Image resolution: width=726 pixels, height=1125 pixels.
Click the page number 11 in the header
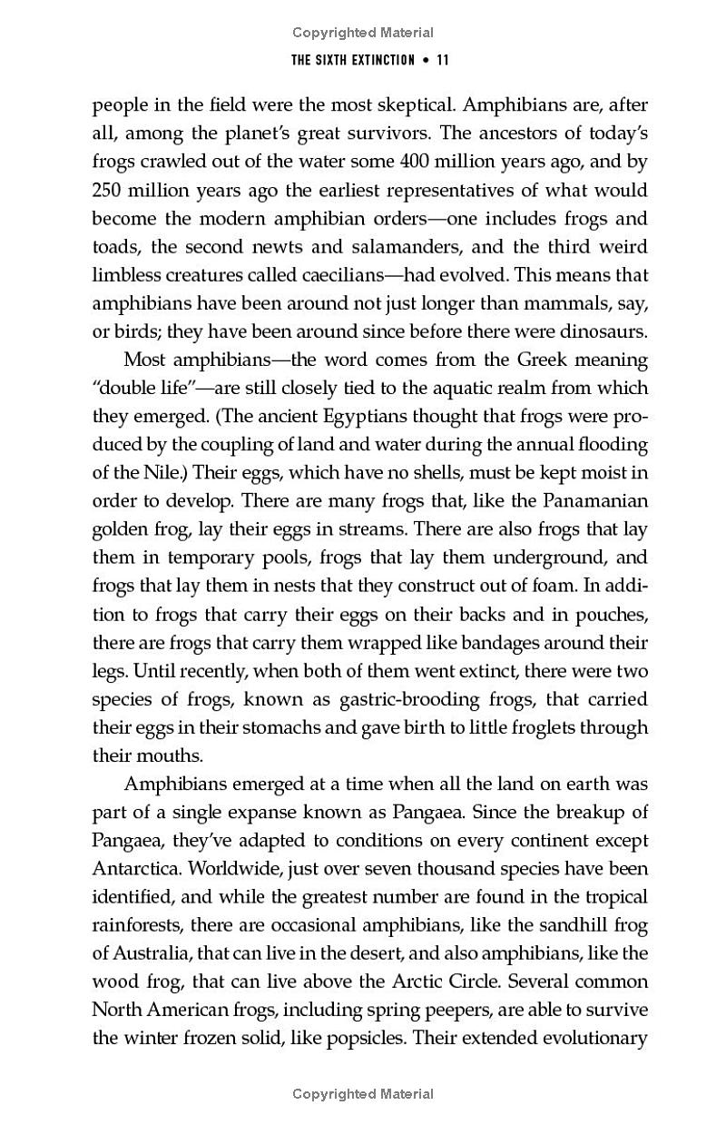(443, 61)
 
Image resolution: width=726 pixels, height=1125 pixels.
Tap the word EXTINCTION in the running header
(379, 61)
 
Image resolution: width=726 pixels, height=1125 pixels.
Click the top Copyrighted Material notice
(363, 33)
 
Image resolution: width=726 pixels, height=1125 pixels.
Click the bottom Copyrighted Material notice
(363, 1094)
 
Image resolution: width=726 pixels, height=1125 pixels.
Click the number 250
(110, 190)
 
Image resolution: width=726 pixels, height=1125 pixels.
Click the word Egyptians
(290, 416)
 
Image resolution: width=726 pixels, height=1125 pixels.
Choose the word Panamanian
(596, 501)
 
